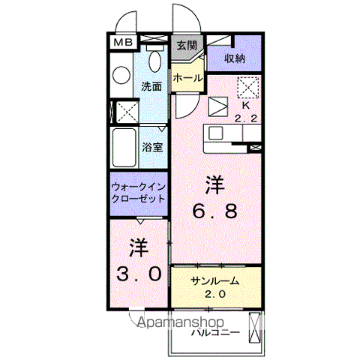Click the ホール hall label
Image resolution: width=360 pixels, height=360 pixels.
(187, 77)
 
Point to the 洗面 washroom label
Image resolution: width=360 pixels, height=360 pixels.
(152, 86)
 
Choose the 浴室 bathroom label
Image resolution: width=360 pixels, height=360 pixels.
(152, 146)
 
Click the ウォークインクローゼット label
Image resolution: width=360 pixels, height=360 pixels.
(139, 193)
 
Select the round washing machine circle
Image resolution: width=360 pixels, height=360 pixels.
(121, 74)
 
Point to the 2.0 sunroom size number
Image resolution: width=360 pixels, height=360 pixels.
(215, 293)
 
